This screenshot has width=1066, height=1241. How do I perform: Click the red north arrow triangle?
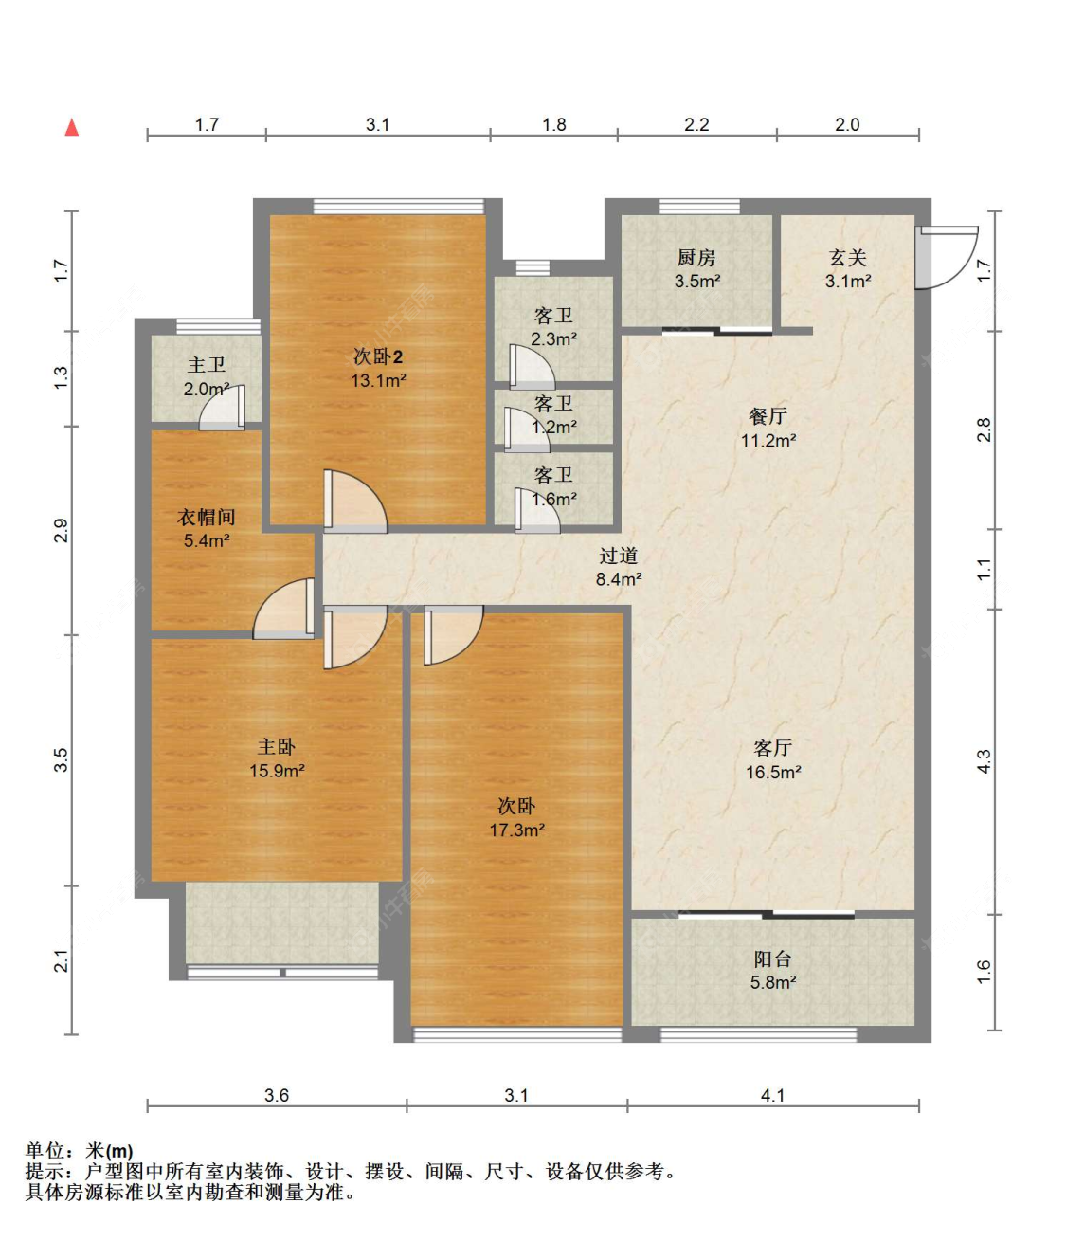tap(72, 127)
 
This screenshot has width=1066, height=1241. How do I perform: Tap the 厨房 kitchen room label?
tap(696, 258)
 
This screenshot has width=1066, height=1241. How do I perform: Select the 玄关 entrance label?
tap(847, 258)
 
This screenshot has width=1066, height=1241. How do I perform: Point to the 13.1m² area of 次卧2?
tap(378, 381)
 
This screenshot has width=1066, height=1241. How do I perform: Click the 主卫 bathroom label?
tap(206, 365)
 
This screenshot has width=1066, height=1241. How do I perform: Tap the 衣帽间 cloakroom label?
tap(206, 517)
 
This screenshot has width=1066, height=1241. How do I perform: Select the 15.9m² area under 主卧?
tap(277, 771)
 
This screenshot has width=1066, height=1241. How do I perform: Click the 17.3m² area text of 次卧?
tap(516, 830)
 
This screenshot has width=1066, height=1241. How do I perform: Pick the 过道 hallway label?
tap(618, 556)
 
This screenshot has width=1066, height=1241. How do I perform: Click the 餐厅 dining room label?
tap(768, 416)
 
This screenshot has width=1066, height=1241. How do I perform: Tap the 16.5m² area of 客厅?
tap(773, 772)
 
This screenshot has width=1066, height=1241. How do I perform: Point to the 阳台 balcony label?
tap(773, 958)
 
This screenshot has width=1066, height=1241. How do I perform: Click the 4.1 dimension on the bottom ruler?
tap(773, 1096)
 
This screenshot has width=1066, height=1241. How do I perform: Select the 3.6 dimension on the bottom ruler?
tap(277, 1096)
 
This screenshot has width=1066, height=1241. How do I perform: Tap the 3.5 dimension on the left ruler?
tap(62, 760)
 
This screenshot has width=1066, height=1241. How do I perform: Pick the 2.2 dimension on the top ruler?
tap(696, 125)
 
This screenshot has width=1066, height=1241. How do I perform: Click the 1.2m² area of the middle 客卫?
tap(554, 427)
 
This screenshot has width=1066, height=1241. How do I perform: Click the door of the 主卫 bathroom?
tap(222, 408)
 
